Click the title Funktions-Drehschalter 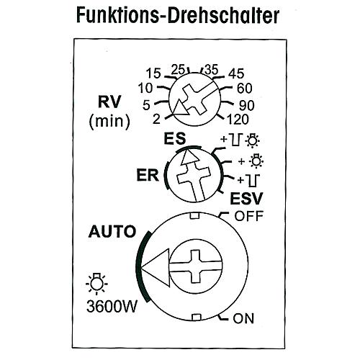tap(178, 16)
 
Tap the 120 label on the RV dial tap(238, 120)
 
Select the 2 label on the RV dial tap(156, 119)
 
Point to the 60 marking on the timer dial tap(245, 89)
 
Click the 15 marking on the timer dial tap(153, 73)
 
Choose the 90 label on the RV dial tap(247, 106)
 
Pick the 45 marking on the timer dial tap(236, 73)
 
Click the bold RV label tap(109, 102)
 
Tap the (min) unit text tap(109, 122)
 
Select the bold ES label tap(175, 138)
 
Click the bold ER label tap(148, 175)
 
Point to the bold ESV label tap(246, 199)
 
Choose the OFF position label tap(249, 216)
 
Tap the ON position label tap(243, 318)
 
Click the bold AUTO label tap(112, 231)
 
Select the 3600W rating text tap(112, 307)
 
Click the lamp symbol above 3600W tap(96, 284)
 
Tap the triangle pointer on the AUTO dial tap(156, 267)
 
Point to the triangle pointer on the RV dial tap(180, 108)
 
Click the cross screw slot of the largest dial tap(196, 266)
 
